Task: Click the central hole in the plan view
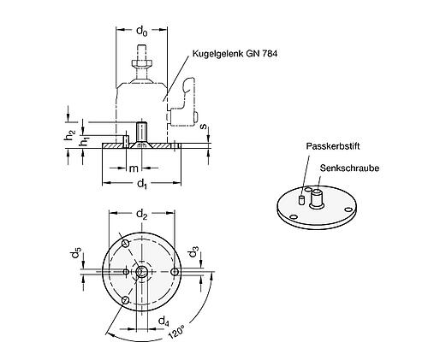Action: pos(142,272)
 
